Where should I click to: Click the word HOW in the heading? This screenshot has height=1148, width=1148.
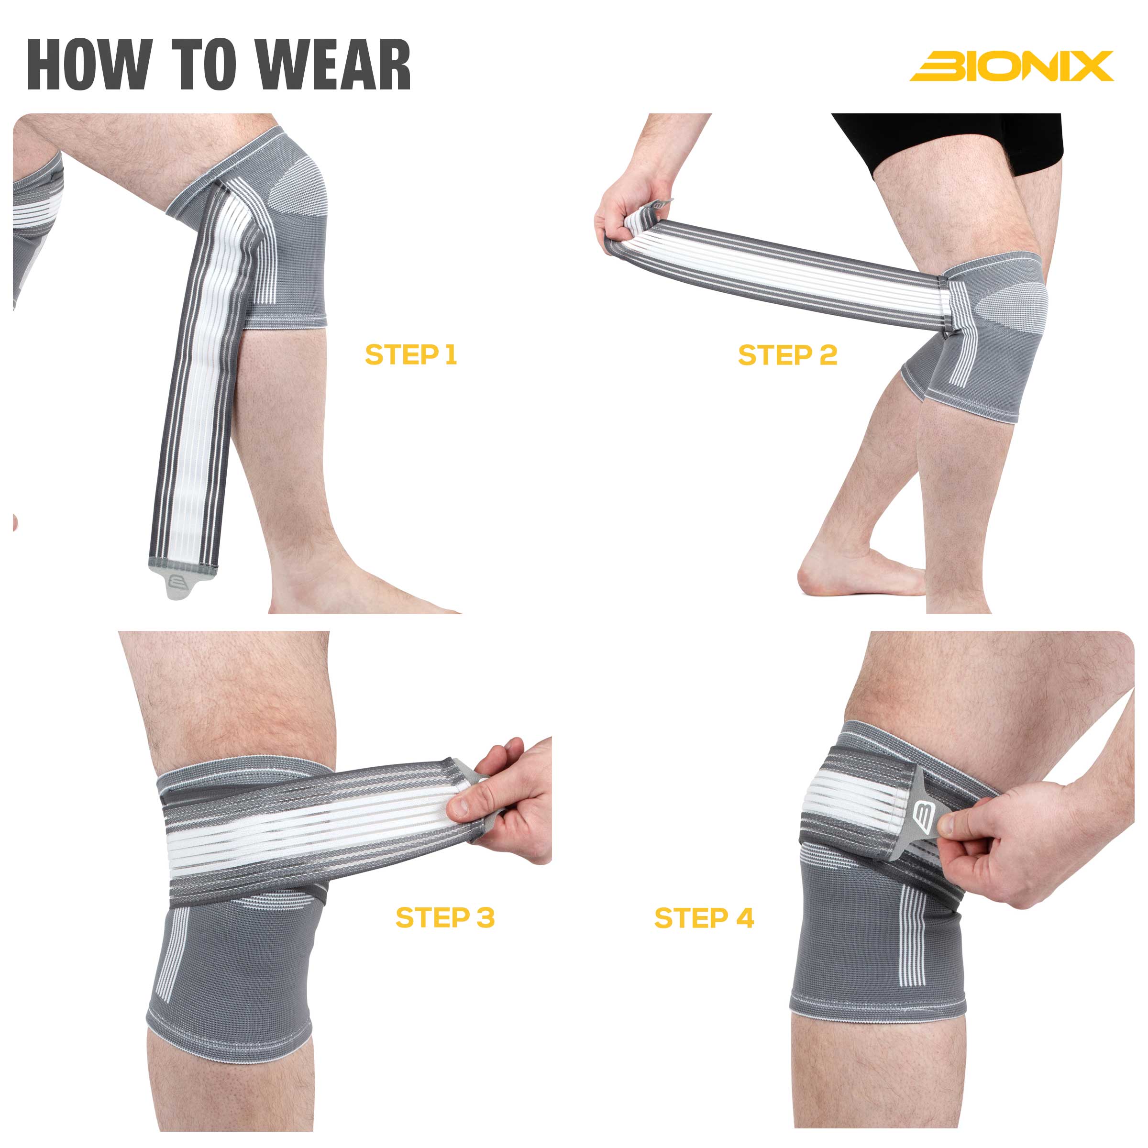click(89, 64)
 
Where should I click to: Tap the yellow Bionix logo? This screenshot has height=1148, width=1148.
click(1011, 66)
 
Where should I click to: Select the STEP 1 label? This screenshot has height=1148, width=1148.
click(410, 355)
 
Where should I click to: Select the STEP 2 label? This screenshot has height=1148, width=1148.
click(787, 355)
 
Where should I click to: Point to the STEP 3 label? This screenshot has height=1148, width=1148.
click(445, 917)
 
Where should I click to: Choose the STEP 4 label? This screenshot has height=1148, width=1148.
click(704, 918)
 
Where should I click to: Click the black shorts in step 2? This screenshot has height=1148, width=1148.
click(951, 140)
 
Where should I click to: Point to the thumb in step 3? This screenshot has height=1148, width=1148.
click(469, 806)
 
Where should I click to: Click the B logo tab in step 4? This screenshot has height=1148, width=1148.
click(925, 818)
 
